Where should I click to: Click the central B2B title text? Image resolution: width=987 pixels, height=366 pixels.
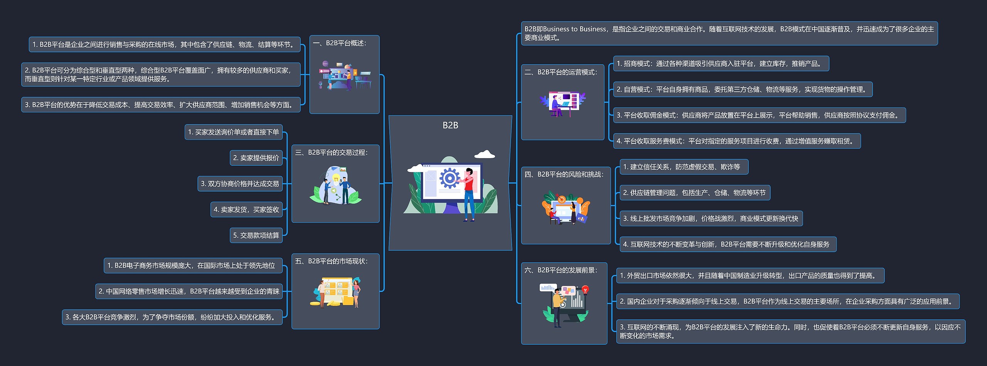pos(450,125)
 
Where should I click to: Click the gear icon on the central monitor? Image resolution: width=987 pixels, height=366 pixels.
pos(450,178)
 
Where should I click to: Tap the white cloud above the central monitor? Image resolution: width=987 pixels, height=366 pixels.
pos(485,154)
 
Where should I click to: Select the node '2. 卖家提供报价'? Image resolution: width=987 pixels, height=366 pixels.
pos(256,158)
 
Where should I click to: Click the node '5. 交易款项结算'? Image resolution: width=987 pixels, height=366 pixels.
pos(256,235)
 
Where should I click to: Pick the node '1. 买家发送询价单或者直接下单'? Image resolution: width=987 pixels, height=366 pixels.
pos(233,132)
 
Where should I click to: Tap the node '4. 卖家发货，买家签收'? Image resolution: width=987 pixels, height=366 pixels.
pos(246,209)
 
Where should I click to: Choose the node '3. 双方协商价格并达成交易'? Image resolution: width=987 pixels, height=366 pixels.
pos(240,184)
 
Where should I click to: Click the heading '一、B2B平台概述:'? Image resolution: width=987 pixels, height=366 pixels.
pos(340,43)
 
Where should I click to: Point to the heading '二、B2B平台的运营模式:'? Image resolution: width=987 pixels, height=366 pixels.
pos(561,72)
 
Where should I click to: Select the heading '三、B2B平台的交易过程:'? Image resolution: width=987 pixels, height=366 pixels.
pos(332,153)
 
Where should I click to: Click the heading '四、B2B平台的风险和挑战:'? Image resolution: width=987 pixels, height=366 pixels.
pos(564,174)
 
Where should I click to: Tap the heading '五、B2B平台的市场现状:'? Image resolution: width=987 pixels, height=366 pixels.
pos(332,261)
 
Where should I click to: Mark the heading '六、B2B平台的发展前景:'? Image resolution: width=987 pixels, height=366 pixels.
pos(561,270)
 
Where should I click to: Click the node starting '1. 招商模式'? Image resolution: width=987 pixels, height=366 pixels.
pos(720,64)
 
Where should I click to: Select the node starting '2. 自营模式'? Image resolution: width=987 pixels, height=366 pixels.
pos(742,89)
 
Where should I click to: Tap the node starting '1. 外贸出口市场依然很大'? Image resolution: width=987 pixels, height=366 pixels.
pos(750,276)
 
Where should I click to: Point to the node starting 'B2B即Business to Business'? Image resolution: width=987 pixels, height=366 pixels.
pos(729,33)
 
